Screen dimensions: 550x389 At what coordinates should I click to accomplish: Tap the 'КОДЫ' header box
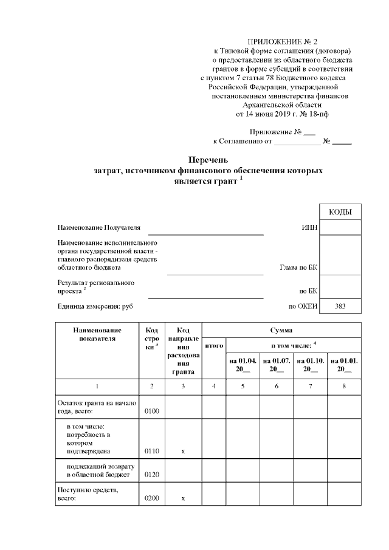[340, 211]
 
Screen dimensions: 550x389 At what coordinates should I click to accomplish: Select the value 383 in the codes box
[340, 307]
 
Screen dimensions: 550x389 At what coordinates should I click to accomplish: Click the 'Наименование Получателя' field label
[98, 228]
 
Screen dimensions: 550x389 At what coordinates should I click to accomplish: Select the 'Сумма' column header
[281, 330]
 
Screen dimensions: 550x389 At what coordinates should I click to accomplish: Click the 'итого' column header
[213, 345]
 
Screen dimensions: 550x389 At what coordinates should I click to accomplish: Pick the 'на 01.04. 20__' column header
[243, 365]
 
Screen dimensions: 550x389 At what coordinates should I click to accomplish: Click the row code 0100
[151, 412]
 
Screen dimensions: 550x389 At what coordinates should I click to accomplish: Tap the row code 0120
[151, 475]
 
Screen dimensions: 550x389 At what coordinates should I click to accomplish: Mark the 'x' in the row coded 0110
[183, 452]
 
